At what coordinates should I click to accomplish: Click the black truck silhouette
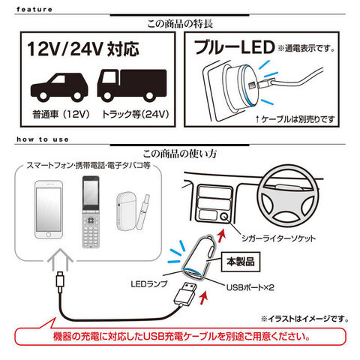coord(132,85)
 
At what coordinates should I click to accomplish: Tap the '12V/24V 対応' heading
coord(83,49)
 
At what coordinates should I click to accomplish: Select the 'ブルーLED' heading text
coord(234,47)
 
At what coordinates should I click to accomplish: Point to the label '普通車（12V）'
coord(61,115)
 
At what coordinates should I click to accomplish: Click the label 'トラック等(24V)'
coord(135,115)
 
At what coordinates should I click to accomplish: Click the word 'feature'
coord(34,10)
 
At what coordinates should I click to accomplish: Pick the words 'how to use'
coord(43,139)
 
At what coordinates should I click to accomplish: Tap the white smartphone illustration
coord(49,210)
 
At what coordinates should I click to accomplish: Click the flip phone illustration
coord(91,212)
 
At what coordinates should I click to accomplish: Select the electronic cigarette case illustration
coord(126,211)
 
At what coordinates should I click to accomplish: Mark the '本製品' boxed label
coord(241,262)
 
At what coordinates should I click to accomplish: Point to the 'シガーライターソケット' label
coord(278,238)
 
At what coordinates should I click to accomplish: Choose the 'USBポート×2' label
coord(250,287)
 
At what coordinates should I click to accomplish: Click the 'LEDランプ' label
coord(149,284)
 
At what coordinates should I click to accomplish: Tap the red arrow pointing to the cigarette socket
coord(220,235)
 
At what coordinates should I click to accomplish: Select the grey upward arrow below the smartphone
coord(60,259)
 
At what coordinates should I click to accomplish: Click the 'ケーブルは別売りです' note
coord(295,119)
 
